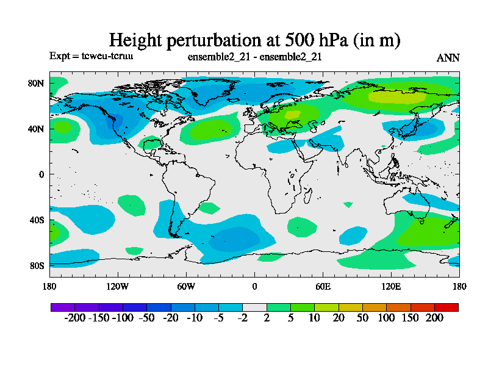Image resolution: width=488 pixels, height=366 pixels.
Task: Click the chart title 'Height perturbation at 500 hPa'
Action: (x=254, y=40)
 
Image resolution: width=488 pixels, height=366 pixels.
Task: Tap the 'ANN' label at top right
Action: (x=448, y=58)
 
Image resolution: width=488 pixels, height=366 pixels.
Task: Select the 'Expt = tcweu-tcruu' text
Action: (x=91, y=56)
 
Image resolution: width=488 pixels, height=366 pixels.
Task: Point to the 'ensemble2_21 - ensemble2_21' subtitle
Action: (x=255, y=57)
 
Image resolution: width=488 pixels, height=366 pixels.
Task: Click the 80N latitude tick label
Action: (x=37, y=83)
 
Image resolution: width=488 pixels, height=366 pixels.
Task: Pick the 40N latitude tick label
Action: (x=37, y=129)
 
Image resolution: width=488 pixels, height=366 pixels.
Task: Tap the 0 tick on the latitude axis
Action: (x=42, y=174)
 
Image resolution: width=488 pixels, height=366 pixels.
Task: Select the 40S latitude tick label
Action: (x=37, y=220)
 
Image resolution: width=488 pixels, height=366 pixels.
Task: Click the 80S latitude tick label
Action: (x=37, y=265)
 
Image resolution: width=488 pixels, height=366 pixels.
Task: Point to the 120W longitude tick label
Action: (x=117, y=286)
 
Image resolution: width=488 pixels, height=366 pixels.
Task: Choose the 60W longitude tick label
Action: (x=186, y=286)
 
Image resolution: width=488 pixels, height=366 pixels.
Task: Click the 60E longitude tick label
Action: (x=323, y=286)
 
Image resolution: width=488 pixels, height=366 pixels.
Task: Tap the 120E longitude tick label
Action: (x=391, y=286)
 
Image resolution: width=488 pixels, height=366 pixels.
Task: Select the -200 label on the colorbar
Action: (x=74, y=318)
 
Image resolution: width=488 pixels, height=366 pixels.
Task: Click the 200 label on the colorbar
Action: (x=434, y=318)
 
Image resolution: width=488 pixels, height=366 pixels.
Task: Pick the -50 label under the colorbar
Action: (x=146, y=318)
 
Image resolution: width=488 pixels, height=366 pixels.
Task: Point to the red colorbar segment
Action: (x=446, y=307)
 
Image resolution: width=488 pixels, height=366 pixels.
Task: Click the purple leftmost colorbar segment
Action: (x=63, y=307)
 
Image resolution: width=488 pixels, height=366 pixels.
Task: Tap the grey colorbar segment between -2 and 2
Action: (x=254, y=307)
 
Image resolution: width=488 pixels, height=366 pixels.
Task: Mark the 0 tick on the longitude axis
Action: (x=254, y=286)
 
